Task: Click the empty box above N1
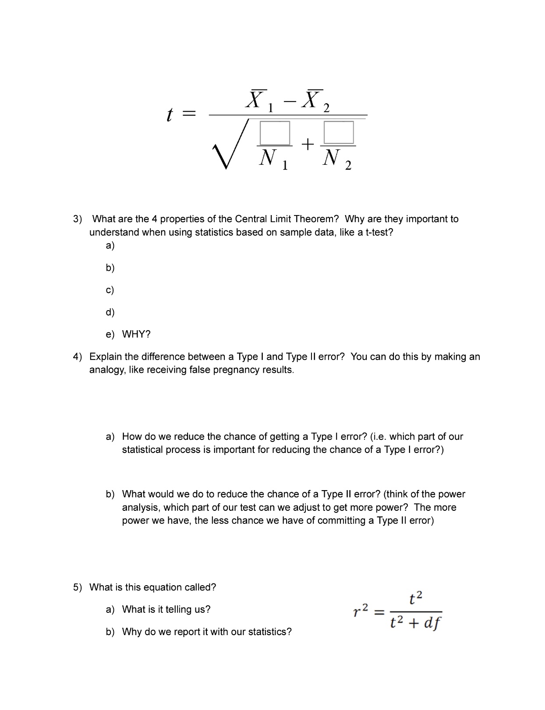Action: tap(275, 133)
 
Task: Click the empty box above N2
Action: tap(339, 132)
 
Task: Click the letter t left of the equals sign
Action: tap(170, 115)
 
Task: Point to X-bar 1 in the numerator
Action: tap(258, 100)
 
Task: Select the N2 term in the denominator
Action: tap(336, 159)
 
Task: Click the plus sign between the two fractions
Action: tap(308, 144)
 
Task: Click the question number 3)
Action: tap(78, 219)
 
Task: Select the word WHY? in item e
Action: tap(136, 335)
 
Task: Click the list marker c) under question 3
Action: tap(110, 290)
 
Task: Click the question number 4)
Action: tap(78, 357)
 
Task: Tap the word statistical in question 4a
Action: tap(142, 450)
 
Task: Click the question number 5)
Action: tap(78, 587)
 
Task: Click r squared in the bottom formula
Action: tap(361, 610)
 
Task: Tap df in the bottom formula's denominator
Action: tap(432, 623)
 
